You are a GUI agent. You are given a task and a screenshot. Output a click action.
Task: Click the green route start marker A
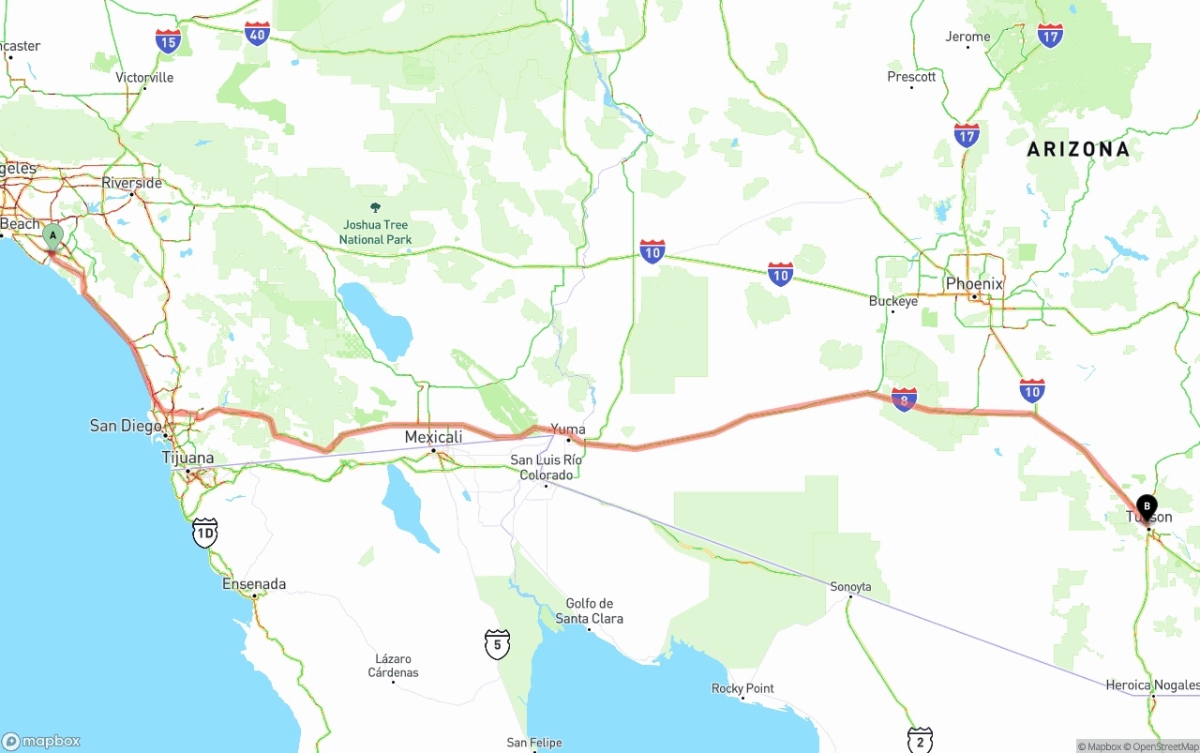pyautogui.click(x=52, y=235)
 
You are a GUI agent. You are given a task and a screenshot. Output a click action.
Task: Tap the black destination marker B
pyautogui.click(x=1146, y=506)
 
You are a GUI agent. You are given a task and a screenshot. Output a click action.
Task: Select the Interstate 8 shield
pyautogui.click(x=904, y=399)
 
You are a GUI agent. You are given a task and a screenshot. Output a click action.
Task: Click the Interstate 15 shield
pyautogui.click(x=169, y=40)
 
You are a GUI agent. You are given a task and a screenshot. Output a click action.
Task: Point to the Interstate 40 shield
pyautogui.click(x=258, y=34)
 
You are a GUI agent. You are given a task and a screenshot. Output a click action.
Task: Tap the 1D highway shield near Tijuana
pyautogui.click(x=204, y=533)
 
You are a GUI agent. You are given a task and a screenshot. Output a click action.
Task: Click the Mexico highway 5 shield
pyautogui.click(x=498, y=643)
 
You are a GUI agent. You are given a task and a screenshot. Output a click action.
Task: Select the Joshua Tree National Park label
pyautogui.click(x=375, y=232)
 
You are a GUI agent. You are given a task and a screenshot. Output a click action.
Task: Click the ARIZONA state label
pyautogui.click(x=1078, y=149)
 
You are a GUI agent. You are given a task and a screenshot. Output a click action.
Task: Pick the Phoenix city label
pyautogui.click(x=974, y=283)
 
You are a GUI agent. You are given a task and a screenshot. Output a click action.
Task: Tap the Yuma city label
pyautogui.click(x=568, y=429)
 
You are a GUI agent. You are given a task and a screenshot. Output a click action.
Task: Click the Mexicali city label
pyautogui.click(x=433, y=437)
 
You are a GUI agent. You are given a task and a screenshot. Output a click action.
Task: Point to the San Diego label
pyautogui.click(x=126, y=426)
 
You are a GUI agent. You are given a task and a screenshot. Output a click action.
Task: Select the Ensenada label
pyautogui.click(x=254, y=583)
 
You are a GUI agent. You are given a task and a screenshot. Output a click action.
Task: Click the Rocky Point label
pyautogui.click(x=742, y=688)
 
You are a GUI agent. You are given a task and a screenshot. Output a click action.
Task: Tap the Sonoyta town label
pyautogui.click(x=850, y=586)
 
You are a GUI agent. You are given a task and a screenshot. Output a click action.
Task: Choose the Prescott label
pyautogui.click(x=911, y=77)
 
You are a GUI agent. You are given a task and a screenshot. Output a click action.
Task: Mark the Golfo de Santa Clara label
pyautogui.click(x=589, y=610)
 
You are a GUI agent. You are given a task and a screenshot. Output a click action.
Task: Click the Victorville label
pyautogui.click(x=144, y=77)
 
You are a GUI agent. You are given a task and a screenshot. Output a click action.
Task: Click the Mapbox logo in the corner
pyautogui.click(x=41, y=741)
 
